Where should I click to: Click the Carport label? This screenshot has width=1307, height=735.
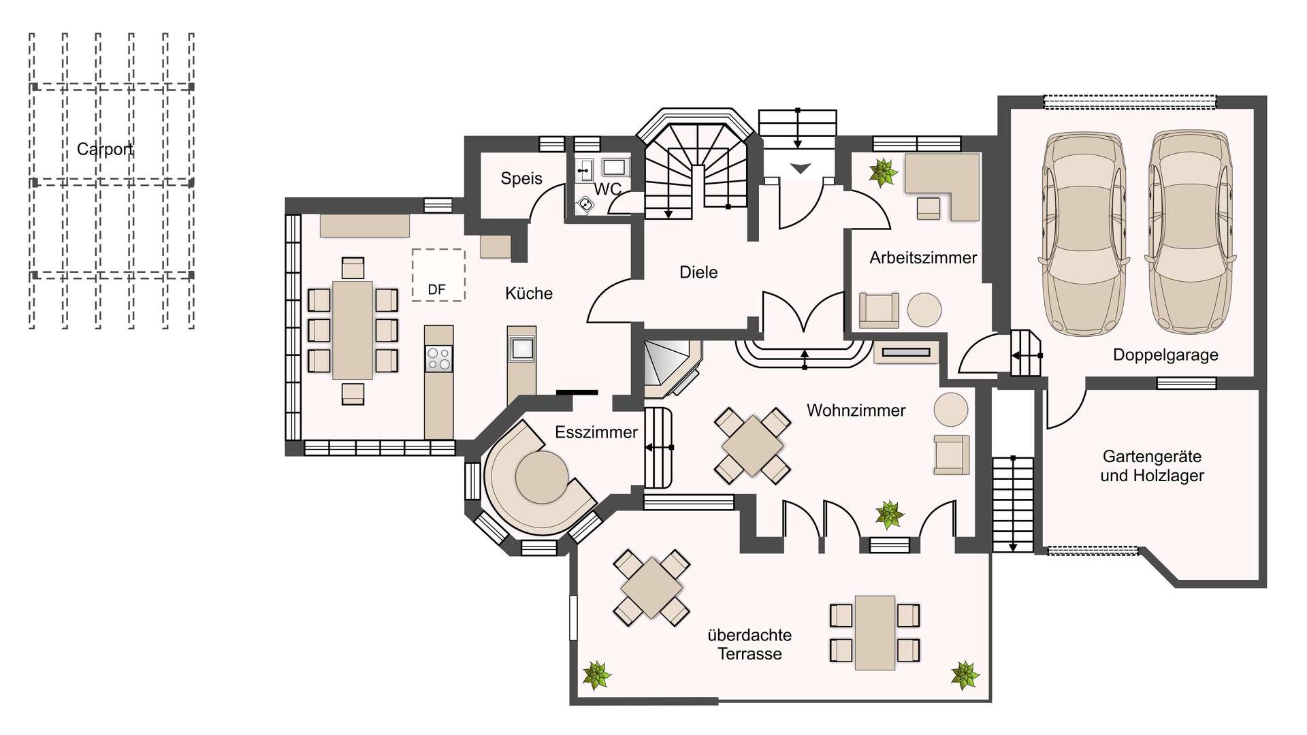(x=105, y=149)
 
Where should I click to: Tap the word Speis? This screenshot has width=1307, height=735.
(x=521, y=178)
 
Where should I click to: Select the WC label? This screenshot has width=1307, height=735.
(x=608, y=189)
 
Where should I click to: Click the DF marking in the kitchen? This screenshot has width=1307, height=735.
(x=436, y=290)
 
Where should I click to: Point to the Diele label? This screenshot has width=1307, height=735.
(x=698, y=272)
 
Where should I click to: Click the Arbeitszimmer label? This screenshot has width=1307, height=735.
(x=923, y=258)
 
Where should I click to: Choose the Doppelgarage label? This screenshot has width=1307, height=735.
(x=1165, y=355)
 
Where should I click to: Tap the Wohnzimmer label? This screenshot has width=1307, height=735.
(x=856, y=410)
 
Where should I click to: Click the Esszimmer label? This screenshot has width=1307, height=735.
(x=596, y=432)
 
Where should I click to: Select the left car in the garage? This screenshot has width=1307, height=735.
(x=1084, y=233)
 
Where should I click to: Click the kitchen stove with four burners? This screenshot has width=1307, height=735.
(x=438, y=359)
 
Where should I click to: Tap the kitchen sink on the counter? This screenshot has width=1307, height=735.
(x=522, y=349)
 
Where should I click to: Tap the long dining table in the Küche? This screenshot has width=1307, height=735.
(x=353, y=330)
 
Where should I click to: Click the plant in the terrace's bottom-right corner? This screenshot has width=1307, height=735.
(x=965, y=675)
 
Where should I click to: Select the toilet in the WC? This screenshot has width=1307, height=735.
(x=585, y=205)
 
